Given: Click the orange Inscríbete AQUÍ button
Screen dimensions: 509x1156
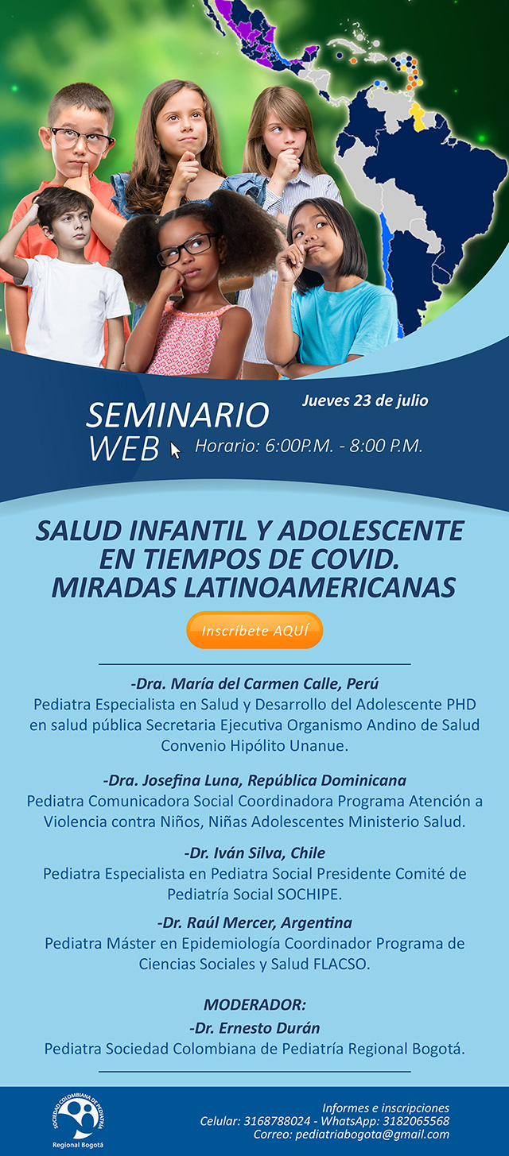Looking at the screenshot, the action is (x=254, y=630).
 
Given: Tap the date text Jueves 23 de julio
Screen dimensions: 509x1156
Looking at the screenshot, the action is (x=365, y=400).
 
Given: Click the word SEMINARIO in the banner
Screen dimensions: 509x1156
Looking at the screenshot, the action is (x=178, y=415).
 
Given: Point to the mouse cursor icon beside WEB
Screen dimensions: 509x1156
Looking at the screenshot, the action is (x=176, y=450).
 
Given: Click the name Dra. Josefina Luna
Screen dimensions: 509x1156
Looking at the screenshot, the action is (x=173, y=779).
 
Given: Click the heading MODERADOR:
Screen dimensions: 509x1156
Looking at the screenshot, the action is (x=254, y=1004).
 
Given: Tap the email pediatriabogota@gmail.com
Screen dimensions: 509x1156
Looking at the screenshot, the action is (x=372, y=1135).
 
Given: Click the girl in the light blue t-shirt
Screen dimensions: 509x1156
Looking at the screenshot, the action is (x=331, y=289).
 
